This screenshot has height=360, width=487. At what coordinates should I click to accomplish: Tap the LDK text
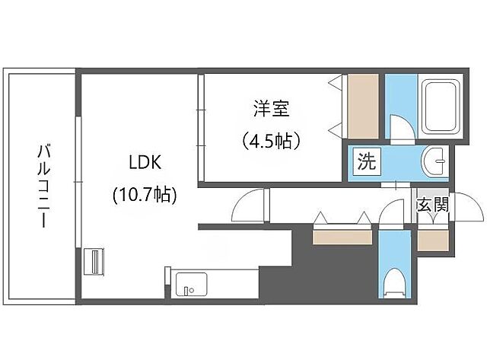143,163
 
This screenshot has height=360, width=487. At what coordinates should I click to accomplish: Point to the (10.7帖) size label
145,194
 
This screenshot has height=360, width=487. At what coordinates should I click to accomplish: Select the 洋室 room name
271,110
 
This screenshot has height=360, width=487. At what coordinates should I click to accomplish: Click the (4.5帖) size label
271,141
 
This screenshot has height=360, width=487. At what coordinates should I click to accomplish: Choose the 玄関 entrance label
431,204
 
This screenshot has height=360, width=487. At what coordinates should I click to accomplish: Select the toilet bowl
394,284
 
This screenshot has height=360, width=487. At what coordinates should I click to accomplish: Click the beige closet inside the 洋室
358,106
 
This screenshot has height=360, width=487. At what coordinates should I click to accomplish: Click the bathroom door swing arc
397,126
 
